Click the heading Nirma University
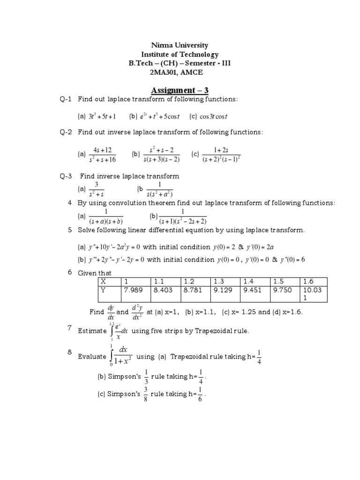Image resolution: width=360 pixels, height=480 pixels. [180, 45]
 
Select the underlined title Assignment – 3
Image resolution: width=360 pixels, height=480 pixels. [180, 90]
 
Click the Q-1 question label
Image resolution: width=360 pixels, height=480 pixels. [66, 99]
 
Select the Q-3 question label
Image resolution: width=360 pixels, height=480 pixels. [66, 176]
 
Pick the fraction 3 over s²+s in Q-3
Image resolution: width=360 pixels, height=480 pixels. [96, 189]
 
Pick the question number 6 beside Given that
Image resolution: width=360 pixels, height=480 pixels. [70, 272]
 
